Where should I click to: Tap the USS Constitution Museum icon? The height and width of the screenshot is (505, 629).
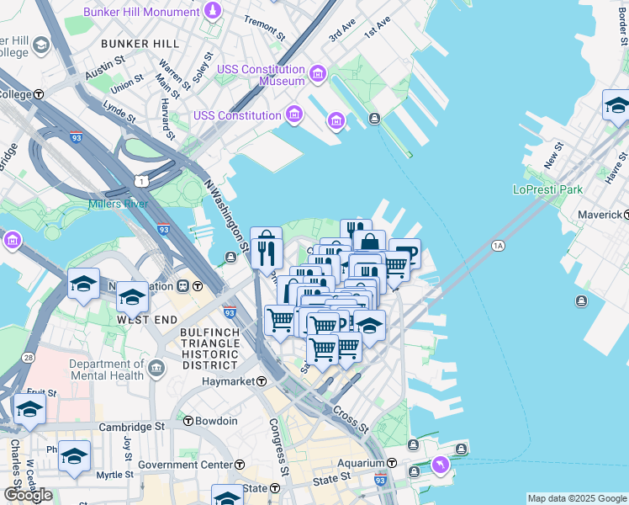click(x=317, y=75)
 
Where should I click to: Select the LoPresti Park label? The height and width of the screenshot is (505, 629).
click(x=547, y=189)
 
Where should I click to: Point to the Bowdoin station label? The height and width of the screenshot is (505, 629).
click(x=217, y=421)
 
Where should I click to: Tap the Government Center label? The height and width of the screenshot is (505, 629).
click(x=186, y=465)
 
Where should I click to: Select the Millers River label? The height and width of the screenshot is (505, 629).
click(x=119, y=204)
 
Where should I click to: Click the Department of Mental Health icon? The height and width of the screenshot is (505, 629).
click(x=156, y=368)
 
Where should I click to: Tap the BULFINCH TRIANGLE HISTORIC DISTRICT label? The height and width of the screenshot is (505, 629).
click(x=209, y=348)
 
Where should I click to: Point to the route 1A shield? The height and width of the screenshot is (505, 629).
click(x=498, y=245)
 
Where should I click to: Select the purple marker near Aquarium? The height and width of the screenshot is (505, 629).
click(x=440, y=465)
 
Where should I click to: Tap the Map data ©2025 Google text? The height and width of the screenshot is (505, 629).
click(x=577, y=498)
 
